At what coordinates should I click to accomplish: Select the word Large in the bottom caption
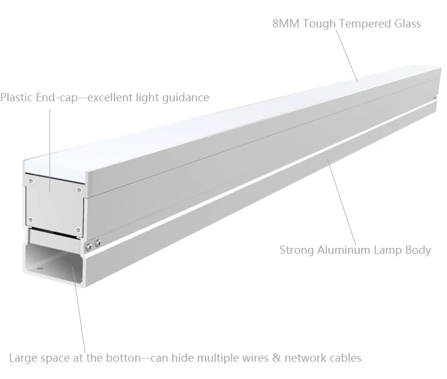click(23, 358)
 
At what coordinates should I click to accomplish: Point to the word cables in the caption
click(344, 358)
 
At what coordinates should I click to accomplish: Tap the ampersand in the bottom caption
click(274, 358)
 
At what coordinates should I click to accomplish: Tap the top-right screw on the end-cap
click(79, 191)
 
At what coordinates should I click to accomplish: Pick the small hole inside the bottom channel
click(40, 269)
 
